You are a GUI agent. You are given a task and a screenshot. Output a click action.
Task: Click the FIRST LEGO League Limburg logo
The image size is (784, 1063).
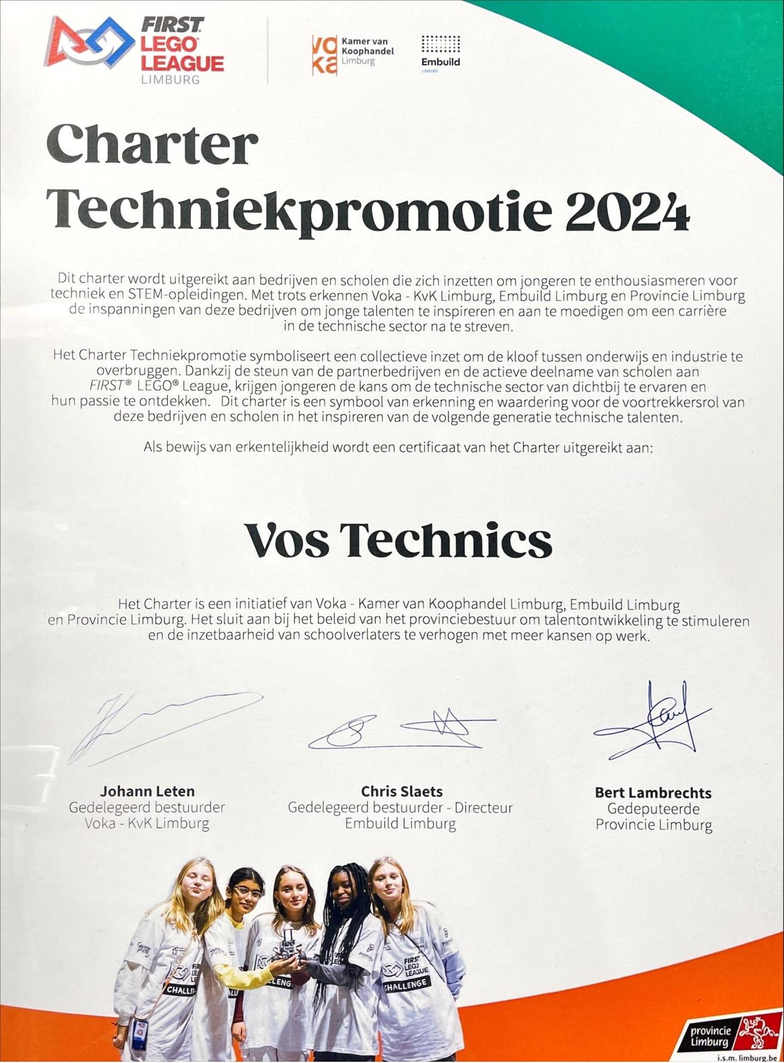(x=135, y=49)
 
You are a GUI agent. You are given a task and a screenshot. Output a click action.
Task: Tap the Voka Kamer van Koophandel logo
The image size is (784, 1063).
(x=353, y=55)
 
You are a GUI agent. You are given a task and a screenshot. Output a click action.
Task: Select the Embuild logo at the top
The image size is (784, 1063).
(x=440, y=53)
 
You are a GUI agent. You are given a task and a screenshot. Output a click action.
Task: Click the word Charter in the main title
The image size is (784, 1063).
(x=152, y=146)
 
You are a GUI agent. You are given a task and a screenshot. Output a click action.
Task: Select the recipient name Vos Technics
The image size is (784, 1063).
(x=398, y=541)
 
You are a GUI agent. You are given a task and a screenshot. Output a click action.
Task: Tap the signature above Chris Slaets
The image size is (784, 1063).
(x=401, y=732)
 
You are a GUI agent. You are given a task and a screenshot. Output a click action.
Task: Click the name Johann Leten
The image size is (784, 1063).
(x=147, y=791)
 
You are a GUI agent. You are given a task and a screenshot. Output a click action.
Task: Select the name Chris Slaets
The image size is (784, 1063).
(x=401, y=791)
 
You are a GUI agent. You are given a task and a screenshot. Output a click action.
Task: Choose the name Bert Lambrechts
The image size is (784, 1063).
(x=653, y=793)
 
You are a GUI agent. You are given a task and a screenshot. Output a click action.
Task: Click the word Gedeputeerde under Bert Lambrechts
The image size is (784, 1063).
(x=653, y=809)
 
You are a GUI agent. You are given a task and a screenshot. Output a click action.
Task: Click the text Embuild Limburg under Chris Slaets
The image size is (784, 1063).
(x=400, y=824)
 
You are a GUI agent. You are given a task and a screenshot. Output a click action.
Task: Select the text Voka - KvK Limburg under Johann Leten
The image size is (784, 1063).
(x=147, y=823)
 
